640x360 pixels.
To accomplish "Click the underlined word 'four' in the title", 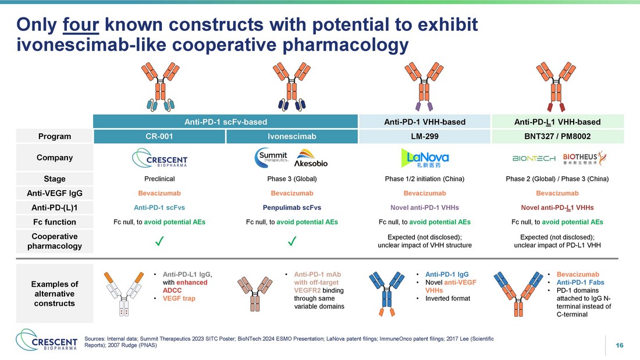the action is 80,25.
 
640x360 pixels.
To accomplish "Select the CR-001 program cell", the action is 159,136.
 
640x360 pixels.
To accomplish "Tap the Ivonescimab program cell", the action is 292,136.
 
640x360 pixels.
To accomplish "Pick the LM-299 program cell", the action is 425,136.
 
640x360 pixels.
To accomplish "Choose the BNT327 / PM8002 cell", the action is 557,136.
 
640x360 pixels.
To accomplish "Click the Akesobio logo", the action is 311,159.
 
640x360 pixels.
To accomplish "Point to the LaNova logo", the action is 425,158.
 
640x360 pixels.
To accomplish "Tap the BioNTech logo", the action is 534,158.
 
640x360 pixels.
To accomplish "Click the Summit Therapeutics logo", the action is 272,158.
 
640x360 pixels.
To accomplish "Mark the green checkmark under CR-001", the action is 159,241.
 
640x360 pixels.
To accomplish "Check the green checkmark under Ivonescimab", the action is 292,241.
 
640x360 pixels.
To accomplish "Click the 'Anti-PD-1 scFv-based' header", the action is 226,122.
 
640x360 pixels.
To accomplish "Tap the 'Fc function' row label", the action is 55,222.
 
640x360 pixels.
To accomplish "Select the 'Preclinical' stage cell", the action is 159,179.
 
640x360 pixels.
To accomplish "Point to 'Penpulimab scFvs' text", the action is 292,208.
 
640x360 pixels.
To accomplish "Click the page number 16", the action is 620,345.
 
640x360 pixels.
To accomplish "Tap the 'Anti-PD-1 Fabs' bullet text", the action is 581,283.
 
